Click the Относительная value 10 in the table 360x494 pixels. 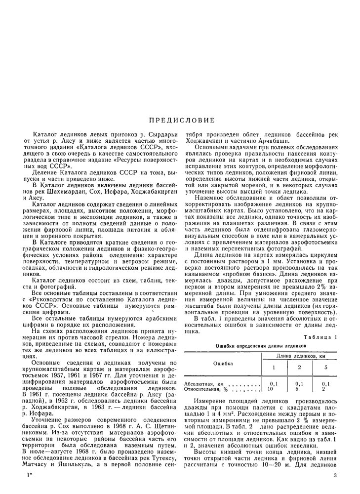click(x=270, y=389)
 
